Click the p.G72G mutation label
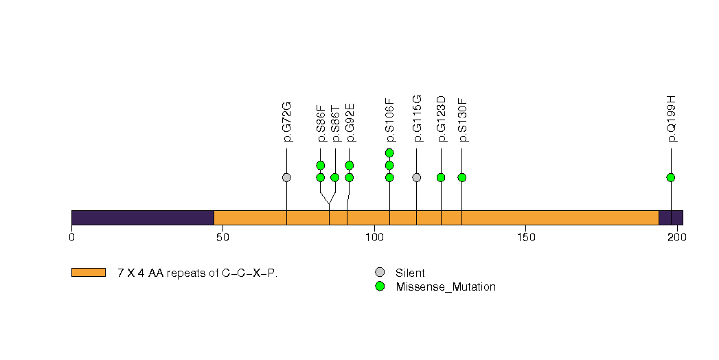(287, 122)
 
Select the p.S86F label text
(321, 124)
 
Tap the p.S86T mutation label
(335, 124)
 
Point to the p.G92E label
(350, 122)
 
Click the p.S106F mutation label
(390, 120)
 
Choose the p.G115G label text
(417, 119)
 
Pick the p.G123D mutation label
(441, 119)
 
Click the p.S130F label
(463, 120)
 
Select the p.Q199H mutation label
(672, 119)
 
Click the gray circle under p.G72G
(286, 177)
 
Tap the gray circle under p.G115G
(416, 177)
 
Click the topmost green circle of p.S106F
(389, 153)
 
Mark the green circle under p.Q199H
(671, 177)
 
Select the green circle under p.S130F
(461, 177)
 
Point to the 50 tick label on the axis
(222, 238)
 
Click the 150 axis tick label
(525, 238)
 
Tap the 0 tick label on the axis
(71, 238)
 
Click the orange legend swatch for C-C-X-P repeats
(89, 273)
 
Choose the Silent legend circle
(380, 273)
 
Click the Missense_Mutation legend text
(446, 287)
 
